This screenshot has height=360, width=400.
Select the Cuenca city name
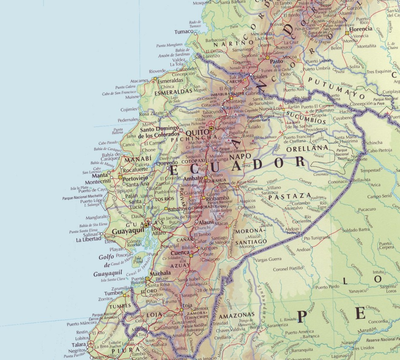(180, 253)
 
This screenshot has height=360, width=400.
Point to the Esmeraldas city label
(171, 80)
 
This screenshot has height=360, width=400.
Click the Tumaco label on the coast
(184, 32)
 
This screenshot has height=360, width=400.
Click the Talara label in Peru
(79, 344)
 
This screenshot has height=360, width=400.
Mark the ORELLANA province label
(307, 148)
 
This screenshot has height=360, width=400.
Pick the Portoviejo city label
(135, 178)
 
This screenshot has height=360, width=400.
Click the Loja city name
(188, 305)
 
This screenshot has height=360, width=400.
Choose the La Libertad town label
(89, 239)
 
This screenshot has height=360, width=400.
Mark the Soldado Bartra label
(356, 229)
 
